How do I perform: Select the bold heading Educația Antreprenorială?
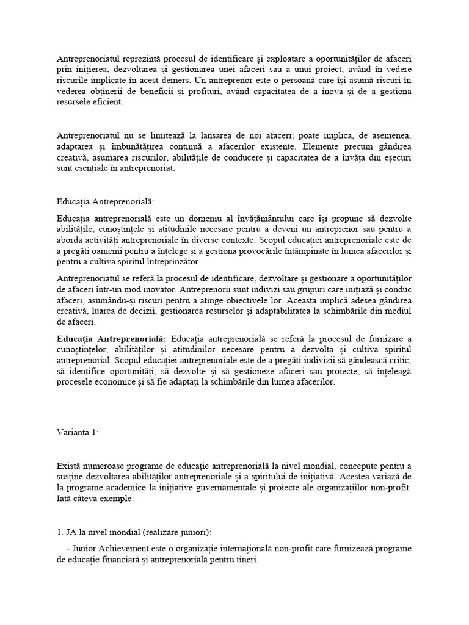[113, 338]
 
